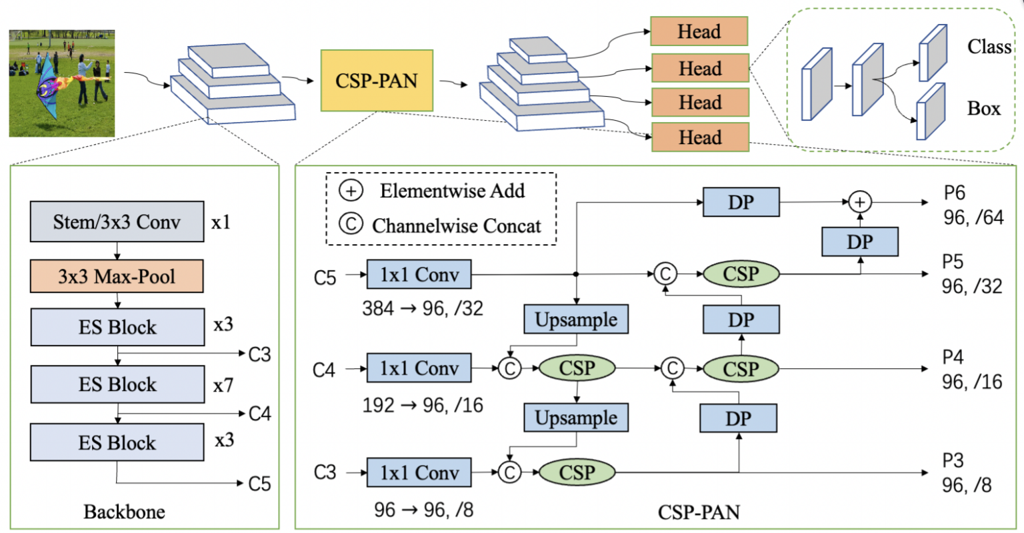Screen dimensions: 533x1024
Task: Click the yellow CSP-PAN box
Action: click(x=377, y=80)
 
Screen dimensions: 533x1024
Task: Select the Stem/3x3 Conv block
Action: click(x=117, y=221)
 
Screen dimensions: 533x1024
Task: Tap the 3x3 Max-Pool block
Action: click(x=117, y=276)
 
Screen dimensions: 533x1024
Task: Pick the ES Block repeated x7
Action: click(x=117, y=384)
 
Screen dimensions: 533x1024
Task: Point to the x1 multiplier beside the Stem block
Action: click(x=221, y=222)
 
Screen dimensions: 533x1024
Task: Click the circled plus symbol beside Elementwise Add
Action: click(x=351, y=191)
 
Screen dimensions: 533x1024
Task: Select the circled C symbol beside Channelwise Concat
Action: click(x=351, y=225)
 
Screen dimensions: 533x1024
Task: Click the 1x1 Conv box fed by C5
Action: click(x=419, y=274)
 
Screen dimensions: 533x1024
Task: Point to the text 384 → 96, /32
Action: click(x=423, y=308)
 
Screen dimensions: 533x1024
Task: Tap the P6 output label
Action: click(x=954, y=193)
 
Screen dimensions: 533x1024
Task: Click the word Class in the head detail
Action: click(x=989, y=47)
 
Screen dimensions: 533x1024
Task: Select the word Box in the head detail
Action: click(x=984, y=108)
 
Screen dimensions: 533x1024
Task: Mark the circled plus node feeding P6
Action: click(x=860, y=201)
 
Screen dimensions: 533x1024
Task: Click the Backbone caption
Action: click(x=124, y=512)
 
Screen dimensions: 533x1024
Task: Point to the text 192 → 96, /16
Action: click(x=423, y=405)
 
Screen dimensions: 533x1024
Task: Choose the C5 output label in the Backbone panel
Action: click(x=259, y=484)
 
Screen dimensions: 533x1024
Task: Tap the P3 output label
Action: click(x=953, y=460)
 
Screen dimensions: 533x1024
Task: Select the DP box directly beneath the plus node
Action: click(x=860, y=241)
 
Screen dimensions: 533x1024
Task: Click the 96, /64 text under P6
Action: click(x=973, y=217)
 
